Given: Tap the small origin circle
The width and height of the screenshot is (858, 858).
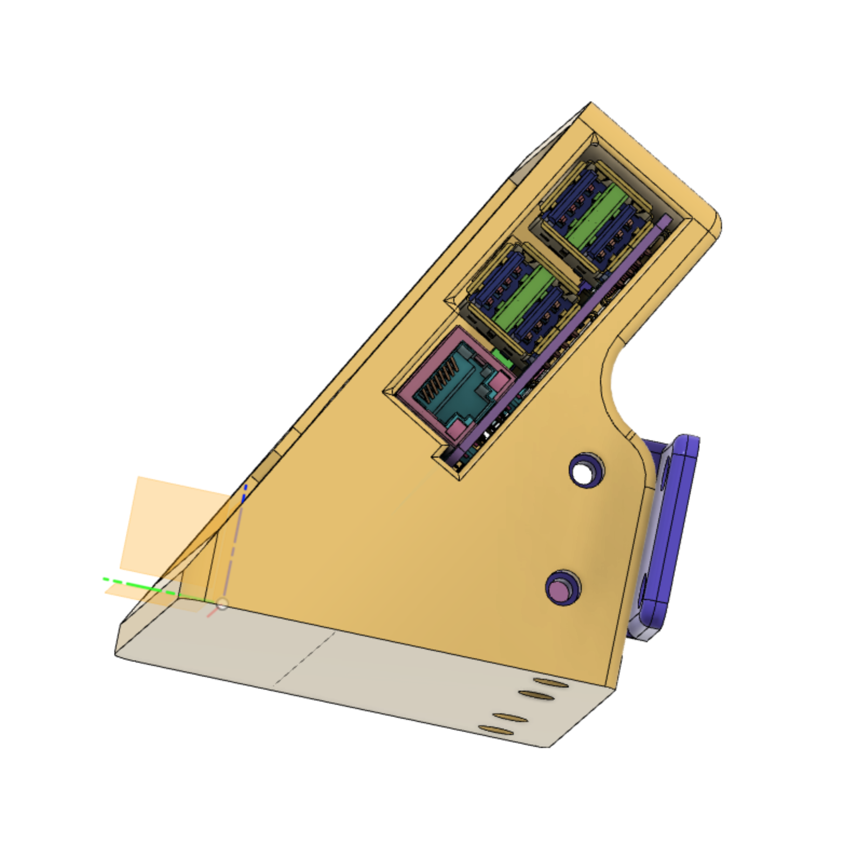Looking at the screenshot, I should [x=222, y=604].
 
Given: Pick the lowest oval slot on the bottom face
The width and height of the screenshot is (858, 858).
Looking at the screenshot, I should [x=495, y=732].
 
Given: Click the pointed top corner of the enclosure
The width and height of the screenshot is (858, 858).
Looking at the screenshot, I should [x=590, y=104].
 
